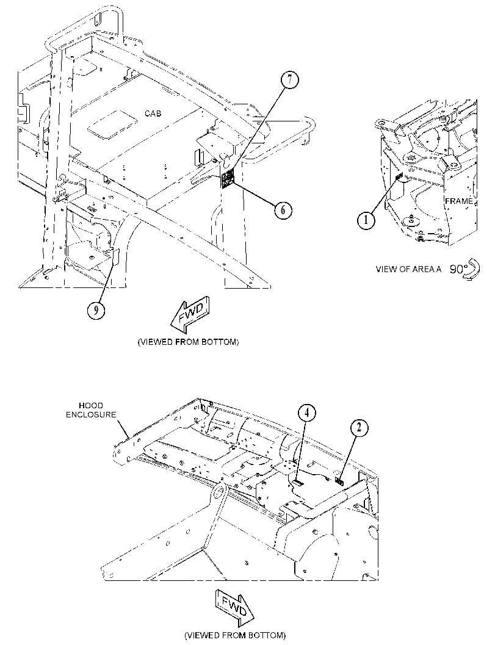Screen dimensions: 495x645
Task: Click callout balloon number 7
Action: pyautogui.click(x=290, y=80)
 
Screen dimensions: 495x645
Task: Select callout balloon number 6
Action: pyautogui.click(x=283, y=210)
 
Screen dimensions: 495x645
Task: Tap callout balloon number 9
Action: pyautogui.click(x=96, y=311)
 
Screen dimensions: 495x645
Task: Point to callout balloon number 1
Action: pyautogui.click(x=366, y=220)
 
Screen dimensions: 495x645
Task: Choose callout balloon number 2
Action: pyautogui.click(x=360, y=428)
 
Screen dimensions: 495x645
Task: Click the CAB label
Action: pyautogui.click(x=153, y=113)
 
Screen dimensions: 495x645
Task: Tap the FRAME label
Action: pyautogui.click(x=458, y=201)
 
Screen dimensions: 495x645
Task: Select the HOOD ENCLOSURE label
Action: pyautogui.click(x=92, y=410)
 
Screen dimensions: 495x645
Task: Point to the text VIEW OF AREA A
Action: pyautogui.click(x=408, y=269)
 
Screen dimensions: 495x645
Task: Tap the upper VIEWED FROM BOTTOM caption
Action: pyautogui.click(x=188, y=342)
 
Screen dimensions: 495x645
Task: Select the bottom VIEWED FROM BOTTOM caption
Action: pyautogui.click(x=235, y=635)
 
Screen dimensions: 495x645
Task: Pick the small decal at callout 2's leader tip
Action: pyautogui.click(x=340, y=480)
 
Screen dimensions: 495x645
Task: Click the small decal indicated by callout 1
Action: pyautogui.click(x=399, y=177)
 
